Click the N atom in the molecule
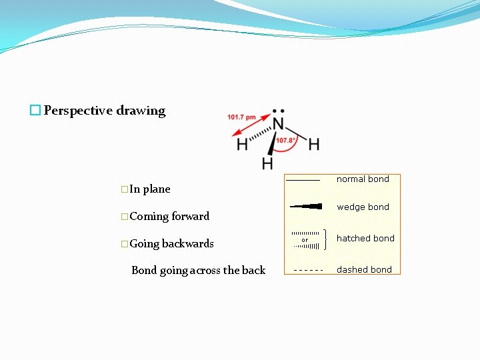pyautogui.click(x=279, y=124)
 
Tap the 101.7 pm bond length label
pyautogui.click(x=241, y=117)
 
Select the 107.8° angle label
pyautogui.click(x=286, y=141)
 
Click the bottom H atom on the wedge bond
pyautogui.click(x=267, y=163)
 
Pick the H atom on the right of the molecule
pyautogui.click(x=313, y=144)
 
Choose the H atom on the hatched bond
pyautogui.click(x=242, y=144)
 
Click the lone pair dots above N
pyautogui.click(x=279, y=111)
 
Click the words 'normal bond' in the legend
pyautogui.click(x=363, y=179)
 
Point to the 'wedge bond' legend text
pyautogui.click(x=363, y=207)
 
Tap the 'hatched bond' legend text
pyautogui.click(x=365, y=238)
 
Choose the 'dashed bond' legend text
pyautogui.click(x=364, y=269)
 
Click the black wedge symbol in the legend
pyautogui.click(x=306, y=207)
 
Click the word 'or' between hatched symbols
pyautogui.click(x=305, y=240)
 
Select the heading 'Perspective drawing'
pyautogui.click(x=105, y=111)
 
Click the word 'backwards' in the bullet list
pyautogui.click(x=188, y=243)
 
